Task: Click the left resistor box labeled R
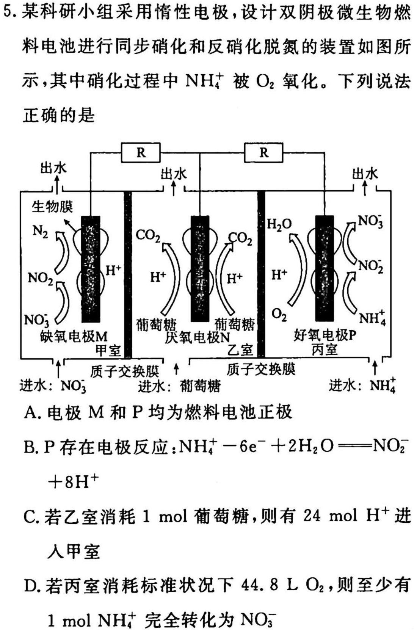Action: (x=141, y=153)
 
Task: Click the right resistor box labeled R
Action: (x=263, y=152)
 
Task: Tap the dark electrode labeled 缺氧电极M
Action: (x=91, y=269)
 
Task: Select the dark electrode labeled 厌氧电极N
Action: (x=200, y=269)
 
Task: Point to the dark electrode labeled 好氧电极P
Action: (x=324, y=268)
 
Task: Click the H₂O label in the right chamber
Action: (x=279, y=224)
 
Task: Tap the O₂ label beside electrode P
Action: (x=279, y=315)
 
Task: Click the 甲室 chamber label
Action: (x=108, y=350)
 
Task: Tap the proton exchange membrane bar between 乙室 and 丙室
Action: (x=261, y=274)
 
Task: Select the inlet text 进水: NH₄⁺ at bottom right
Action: (x=362, y=385)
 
